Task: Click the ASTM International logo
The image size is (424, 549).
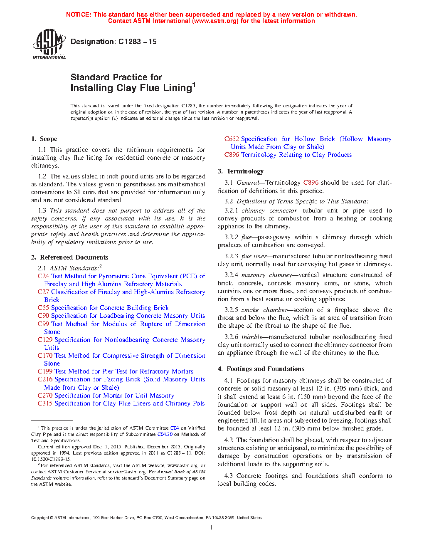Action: pos(49,44)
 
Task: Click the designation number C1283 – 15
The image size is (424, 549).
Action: pos(137,42)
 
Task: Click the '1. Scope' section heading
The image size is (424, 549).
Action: pos(44,139)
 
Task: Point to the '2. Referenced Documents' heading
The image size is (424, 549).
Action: pos(69,257)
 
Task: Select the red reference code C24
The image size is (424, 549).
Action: pos(43,276)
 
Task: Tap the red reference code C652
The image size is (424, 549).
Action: pos(232,139)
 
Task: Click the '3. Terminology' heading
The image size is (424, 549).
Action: pos(241,171)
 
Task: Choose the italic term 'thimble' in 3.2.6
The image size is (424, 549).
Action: pos(251,337)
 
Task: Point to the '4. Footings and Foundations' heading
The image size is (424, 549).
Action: pos(261,369)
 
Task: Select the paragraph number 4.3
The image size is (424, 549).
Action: pos(228,476)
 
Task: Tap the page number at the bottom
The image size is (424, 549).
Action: pos(212,528)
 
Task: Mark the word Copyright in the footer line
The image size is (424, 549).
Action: pos(40,518)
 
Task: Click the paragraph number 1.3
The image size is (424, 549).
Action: pos(42,210)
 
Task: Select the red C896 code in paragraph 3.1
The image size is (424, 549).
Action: pos(311,183)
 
